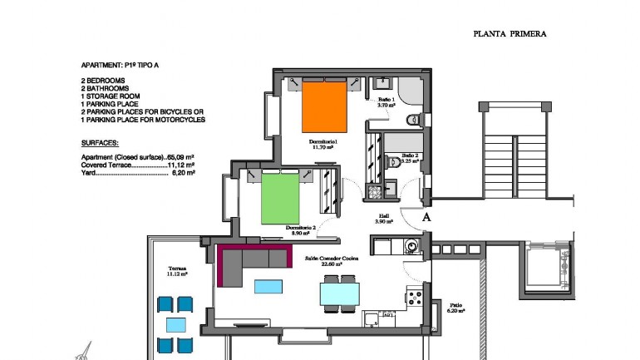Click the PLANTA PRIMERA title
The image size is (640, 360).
click(509, 34)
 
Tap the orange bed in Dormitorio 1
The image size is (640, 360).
click(322, 105)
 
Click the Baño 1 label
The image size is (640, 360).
click(385, 101)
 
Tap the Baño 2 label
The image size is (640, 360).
click(411, 157)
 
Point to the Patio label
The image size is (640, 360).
click(455, 307)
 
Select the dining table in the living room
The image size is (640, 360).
click(340, 293)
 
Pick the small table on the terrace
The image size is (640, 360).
click(175, 324)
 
